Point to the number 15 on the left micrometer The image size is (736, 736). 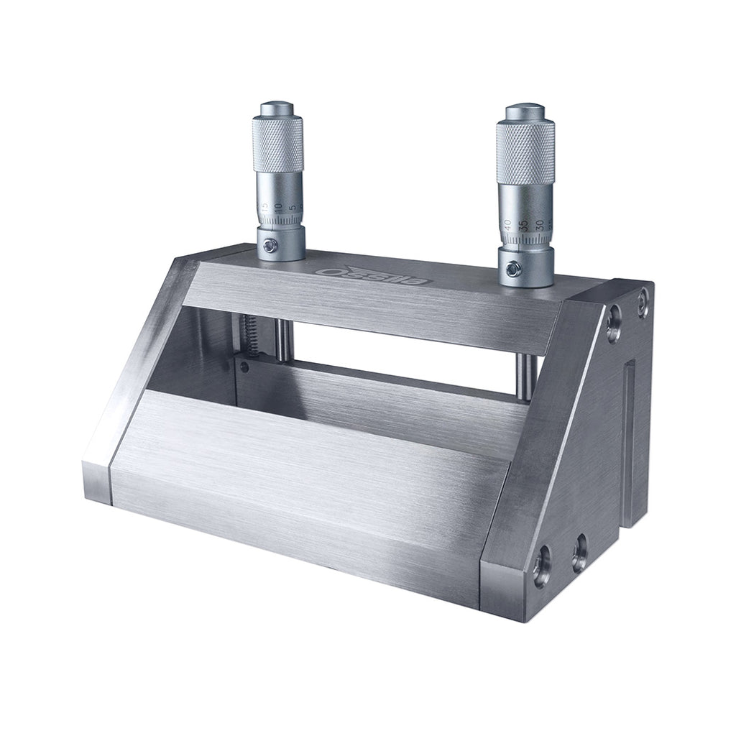265,206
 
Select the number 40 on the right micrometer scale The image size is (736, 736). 508,224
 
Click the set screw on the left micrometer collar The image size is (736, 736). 270,246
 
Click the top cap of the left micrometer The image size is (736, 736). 277,110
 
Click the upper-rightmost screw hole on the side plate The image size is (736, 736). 643,293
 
